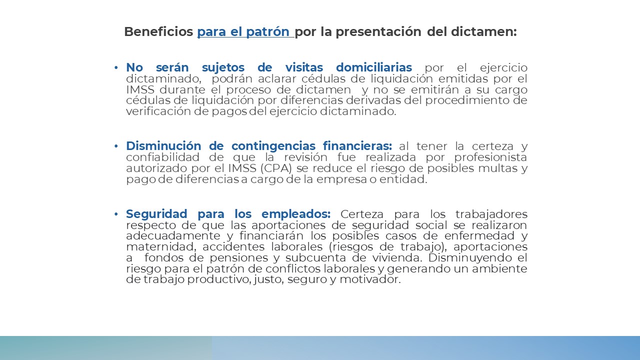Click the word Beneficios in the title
158,32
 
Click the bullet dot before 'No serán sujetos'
116,67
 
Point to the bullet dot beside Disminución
116,146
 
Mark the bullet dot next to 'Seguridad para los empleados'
116,214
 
